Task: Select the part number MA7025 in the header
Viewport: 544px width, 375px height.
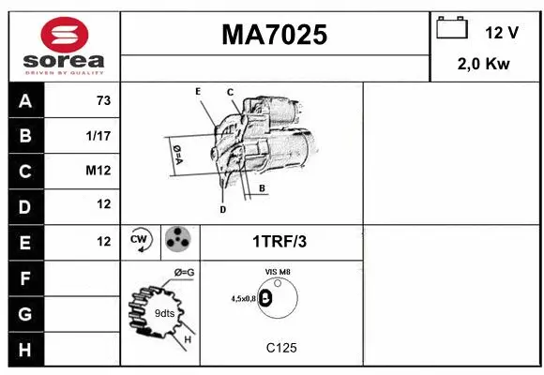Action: (x=274, y=35)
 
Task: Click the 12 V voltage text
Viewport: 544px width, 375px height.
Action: (x=502, y=33)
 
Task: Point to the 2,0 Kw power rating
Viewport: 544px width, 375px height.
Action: (x=483, y=65)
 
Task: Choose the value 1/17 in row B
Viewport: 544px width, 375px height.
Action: (x=98, y=136)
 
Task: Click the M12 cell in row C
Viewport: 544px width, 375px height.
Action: (x=98, y=171)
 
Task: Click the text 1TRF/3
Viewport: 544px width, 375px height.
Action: (x=279, y=242)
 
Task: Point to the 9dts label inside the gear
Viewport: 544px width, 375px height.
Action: (x=164, y=312)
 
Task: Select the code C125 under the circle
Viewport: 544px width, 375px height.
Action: (x=280, y=348)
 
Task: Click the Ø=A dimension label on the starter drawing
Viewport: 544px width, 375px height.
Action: (x=175, y=154)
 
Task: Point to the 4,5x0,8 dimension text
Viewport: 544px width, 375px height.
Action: (x=244, y=298)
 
